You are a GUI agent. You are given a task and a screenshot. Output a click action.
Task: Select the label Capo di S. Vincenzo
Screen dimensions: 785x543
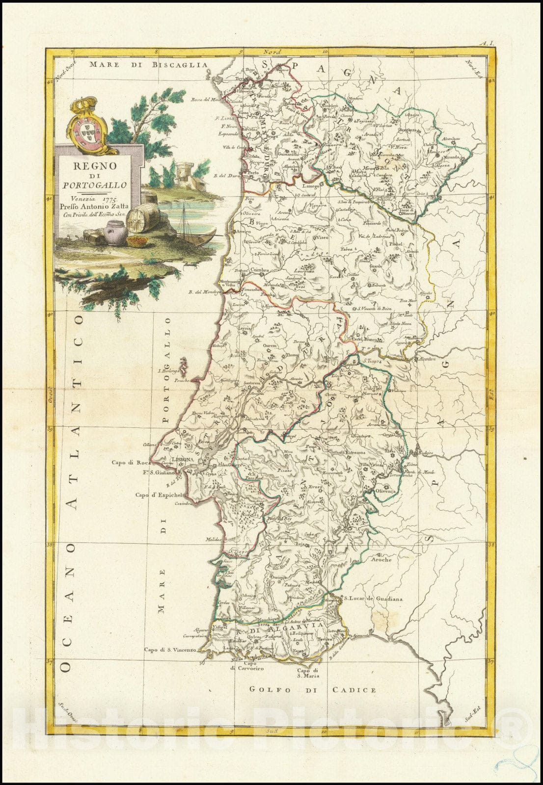[170, 650]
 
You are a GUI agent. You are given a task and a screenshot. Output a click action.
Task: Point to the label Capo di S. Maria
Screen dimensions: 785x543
[308, 673]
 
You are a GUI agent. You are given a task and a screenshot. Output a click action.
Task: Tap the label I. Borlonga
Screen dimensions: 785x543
[169, 371]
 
